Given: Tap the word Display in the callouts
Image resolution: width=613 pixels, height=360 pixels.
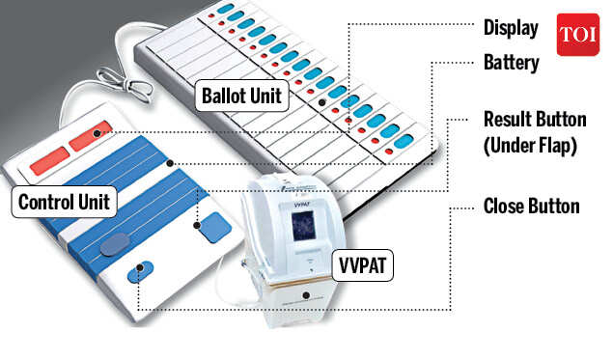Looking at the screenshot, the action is pos(511,28).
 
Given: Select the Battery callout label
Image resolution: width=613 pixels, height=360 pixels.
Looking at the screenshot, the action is pos(511,63).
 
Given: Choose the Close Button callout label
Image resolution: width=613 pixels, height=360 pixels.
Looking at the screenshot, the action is pos(531,206).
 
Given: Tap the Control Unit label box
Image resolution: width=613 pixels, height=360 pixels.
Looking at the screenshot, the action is pos(64,201).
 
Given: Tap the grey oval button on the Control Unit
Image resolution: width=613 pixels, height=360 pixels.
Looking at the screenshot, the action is pos(115,243).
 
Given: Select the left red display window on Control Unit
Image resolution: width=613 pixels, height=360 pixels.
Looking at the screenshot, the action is pos(48,161).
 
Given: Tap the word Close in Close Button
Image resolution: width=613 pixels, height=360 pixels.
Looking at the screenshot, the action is pos(505,206).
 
